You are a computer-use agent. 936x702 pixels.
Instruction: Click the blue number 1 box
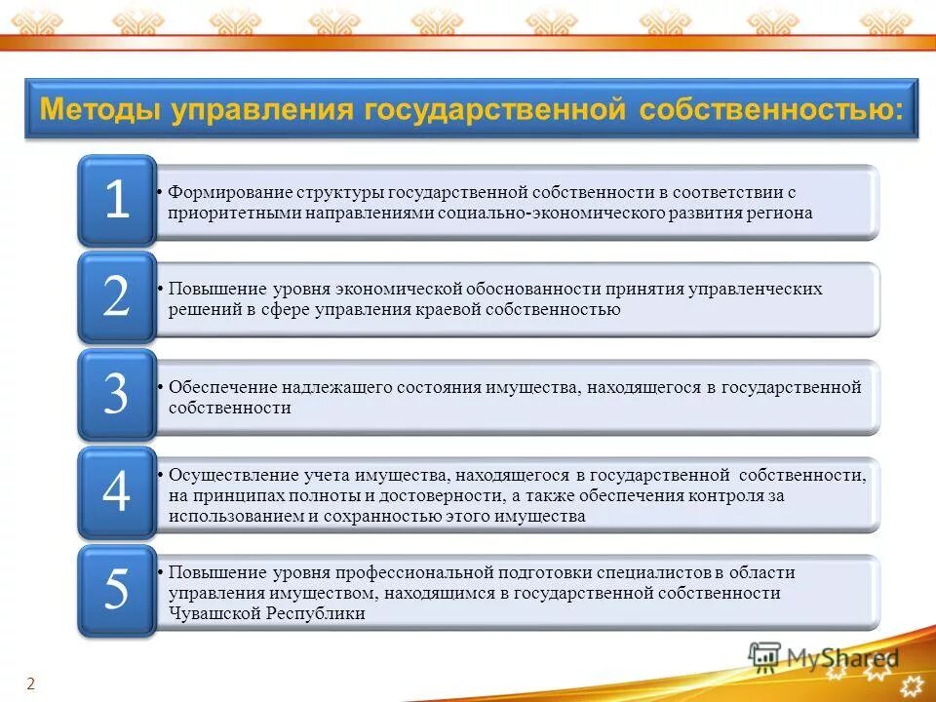click(x=117, y=200)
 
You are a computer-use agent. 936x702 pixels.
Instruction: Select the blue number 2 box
click(x=117, y=297)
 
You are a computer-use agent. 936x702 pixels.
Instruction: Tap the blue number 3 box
click(x=117, y=395)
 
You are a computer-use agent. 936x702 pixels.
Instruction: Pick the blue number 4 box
click(x=117, y=492)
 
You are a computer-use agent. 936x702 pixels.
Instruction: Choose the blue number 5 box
click(x=117, y=590)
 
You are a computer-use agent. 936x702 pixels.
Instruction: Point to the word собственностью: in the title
click(x=771, y=108)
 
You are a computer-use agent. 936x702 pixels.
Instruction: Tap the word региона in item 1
click(x=779, y=213)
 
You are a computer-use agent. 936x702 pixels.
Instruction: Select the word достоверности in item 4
click(x=421, y=495)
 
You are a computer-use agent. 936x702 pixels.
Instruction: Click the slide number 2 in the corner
click(x=30, y=684)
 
